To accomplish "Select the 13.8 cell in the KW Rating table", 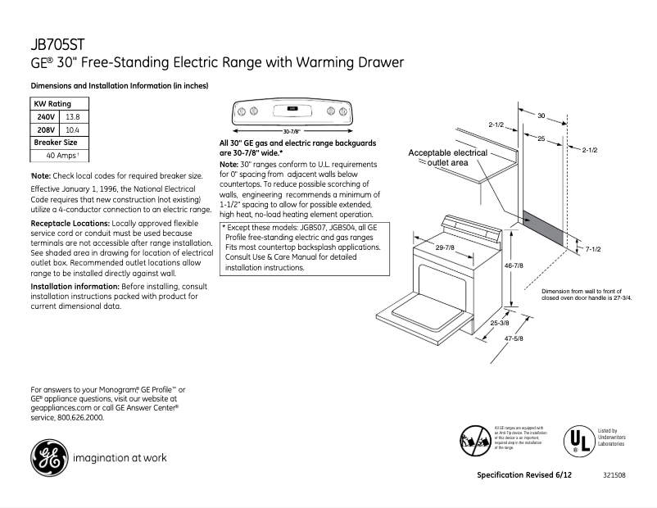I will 74,117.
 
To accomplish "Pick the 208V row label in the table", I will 46,129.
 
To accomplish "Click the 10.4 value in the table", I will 73,129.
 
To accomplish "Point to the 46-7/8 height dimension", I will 514,265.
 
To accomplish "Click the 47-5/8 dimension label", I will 514,338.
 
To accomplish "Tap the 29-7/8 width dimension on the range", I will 446,247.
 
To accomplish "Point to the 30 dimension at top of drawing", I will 541,116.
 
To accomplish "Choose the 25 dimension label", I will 541,140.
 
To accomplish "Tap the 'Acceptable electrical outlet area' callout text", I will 447,158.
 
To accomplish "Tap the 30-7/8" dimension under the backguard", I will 292,131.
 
